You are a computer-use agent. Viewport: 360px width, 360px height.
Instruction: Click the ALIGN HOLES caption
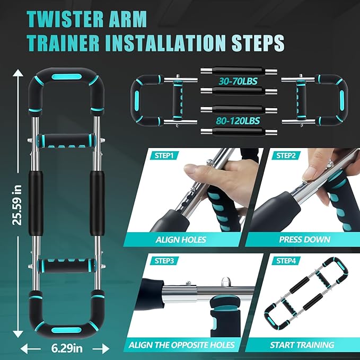(x=181, y=240)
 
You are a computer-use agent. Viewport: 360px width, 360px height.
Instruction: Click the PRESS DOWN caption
(x=305, y=240)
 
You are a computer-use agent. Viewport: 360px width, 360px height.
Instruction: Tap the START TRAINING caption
(x=302, y=345)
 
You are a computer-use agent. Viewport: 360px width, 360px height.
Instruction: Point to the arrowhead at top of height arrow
(x=17, y=72)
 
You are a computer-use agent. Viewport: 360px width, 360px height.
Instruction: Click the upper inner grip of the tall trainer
(x=66, y=141)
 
